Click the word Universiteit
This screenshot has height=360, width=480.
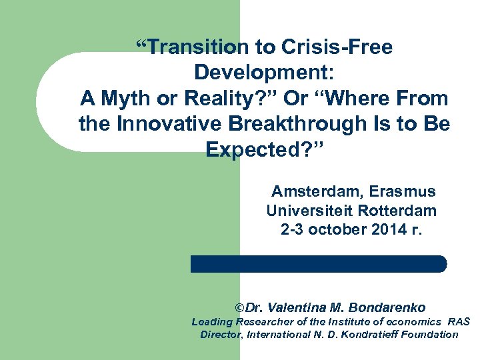(x=309, y=211)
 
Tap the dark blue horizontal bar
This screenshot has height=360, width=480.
(x=319, y=264)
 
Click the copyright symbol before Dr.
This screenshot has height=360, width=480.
(x=240, y=308)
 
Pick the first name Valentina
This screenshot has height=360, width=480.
(x=297, y=308)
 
